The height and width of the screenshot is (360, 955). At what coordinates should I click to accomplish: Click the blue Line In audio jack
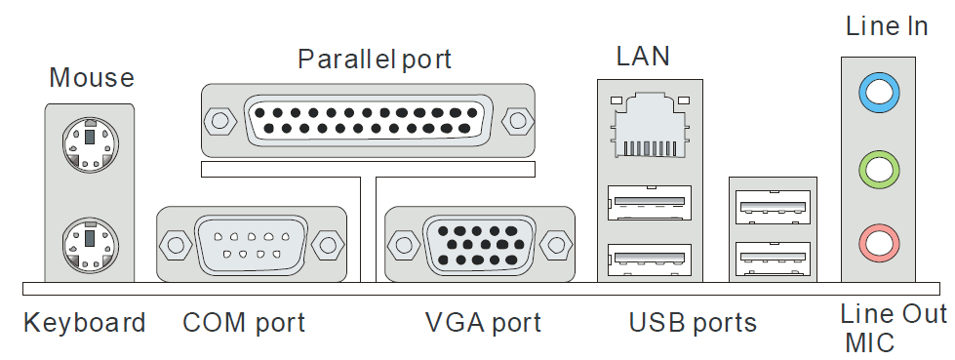pyautogui.click(x=878, y=94)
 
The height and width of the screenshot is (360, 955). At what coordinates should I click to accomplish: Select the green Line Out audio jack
pyautogui.click(x=878, y=170)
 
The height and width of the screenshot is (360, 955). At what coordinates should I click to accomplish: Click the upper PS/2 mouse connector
pyautogui.click(x=90, y=145)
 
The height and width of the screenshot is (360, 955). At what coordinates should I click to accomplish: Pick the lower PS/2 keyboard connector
pyautogui.click(x=90, y=244)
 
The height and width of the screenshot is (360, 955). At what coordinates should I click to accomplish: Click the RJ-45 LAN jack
pyautogui.click(x=650, y=125)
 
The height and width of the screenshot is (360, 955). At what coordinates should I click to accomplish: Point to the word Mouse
pyautogui.click(x=92, y=77)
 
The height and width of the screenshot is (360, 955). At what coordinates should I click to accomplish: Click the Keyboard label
pyautogui.click(x=85, y=322)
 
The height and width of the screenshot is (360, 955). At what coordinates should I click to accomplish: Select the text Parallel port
pyautogui.click(x=375, y=60)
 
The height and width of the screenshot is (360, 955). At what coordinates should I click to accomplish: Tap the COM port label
pyautogui.click(x=244, y=322)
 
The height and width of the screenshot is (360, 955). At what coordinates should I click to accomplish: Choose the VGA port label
pyautogui.click(x=483, y=322)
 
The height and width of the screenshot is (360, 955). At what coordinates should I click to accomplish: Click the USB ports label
pyautogui.click(x=693, y=322)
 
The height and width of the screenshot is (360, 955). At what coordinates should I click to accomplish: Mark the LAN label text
pyautogui.click(x=643, y=56)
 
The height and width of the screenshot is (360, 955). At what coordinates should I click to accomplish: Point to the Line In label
pyautogui.click(x=887, y=25)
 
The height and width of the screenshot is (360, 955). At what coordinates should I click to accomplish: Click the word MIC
pyautogui.click(x=870, y=342)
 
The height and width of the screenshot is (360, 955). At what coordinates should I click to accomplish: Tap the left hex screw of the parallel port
pyautogui.click(x=219, y=121)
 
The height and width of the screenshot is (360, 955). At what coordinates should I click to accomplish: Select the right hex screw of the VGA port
pyautogui.click(x=556, y=245)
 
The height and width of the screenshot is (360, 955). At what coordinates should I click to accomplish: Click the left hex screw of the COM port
pyautogui.click(x=176, y=245)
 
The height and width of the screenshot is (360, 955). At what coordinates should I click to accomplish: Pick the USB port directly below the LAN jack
pyautogui.click(x=650, y=203)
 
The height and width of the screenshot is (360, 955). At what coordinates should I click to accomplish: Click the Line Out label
pyautogui.click(x=894, y=314)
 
